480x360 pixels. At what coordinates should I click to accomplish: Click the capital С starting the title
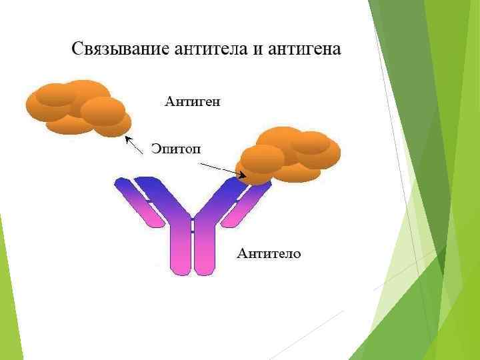point(77,49)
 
